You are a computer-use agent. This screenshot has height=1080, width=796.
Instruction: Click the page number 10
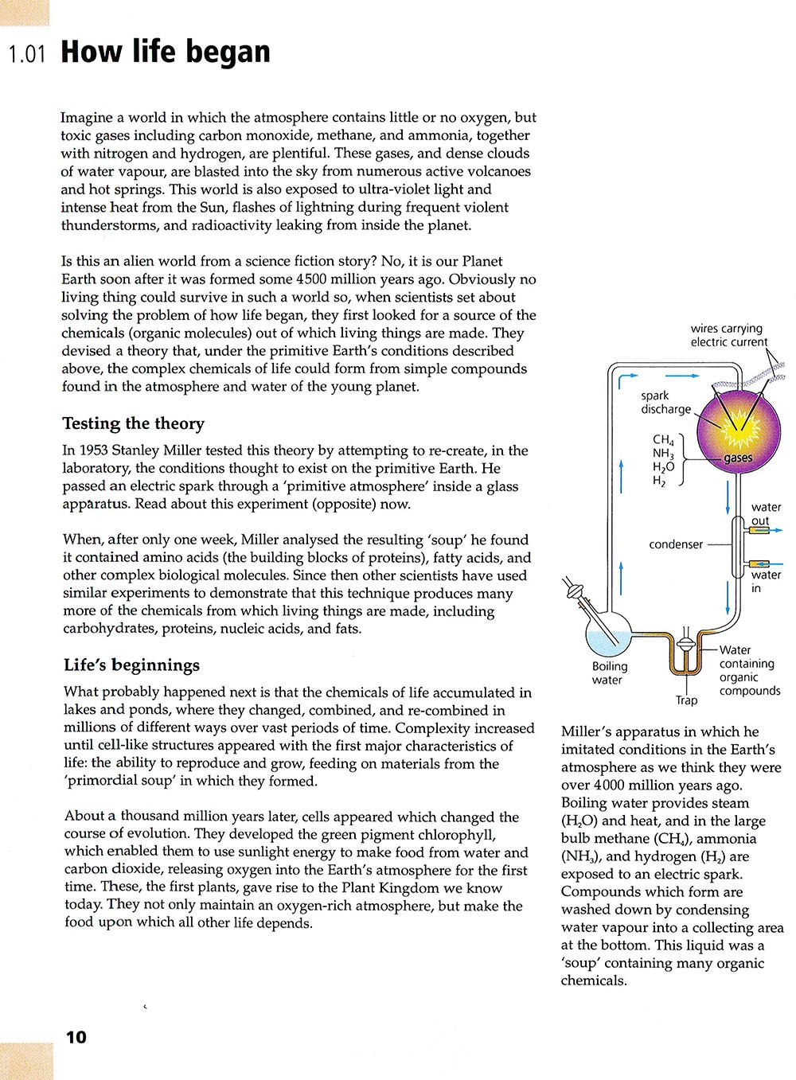pos(76,1037)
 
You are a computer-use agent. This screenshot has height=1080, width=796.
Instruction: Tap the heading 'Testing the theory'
pos(133,423)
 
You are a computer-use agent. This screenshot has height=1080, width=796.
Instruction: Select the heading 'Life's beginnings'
pos(131,665)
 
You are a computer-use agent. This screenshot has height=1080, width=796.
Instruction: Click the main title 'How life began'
pos(166,52)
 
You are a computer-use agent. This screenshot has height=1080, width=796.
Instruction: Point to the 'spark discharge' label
pos(665,403)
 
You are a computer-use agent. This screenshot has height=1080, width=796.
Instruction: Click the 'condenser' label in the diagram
pos(676,544)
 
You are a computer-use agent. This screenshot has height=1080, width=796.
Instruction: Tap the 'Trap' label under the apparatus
pos(686,700)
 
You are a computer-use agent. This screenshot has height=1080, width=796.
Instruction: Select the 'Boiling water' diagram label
pos(609,673)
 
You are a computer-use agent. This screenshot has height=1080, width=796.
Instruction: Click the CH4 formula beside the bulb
pos(662,440)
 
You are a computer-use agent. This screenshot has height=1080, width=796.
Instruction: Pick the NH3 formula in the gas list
pos(662,454)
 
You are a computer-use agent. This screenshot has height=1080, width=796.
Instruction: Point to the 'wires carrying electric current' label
pos(728,335)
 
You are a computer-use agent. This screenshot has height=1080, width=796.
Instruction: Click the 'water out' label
pos(766,514)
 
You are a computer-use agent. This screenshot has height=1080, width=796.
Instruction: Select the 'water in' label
pos(766,581)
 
